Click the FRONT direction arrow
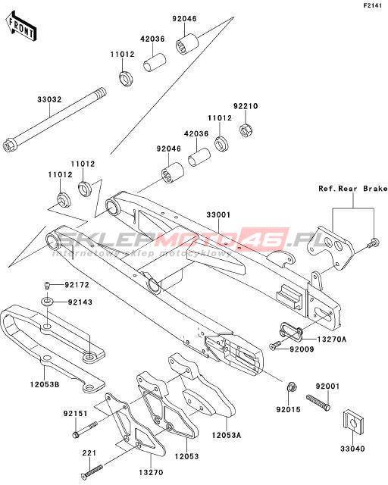pyautogui.click(x=21, y=27)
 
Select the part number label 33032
pyautogui.click(x=49, y=99)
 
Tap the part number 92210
pyautogui.click(x=246, y=106)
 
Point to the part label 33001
pyautogui.click(x=218, y=214)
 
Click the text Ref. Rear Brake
pyautogui.click(x=353, y=189)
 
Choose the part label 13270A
pyautogui.click(x=332, y=339)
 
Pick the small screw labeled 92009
pyautogui.click(x=275, y=346)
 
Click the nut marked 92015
pyautogui.click(x=291, y=387)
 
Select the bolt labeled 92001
pyautogui.click(x=318, y=402)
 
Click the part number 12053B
pyautogui.click(x=45, y=384)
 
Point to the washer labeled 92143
pyautogui.click(x=47, y=300)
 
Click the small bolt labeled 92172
pyautogui.click(x=47, y=285)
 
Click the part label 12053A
pyautogui.click(x=227, y=435)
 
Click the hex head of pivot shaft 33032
pyautogui.click(x=8, y=146)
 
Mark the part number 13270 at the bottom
pyautogui.click(x=151, y=473)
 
